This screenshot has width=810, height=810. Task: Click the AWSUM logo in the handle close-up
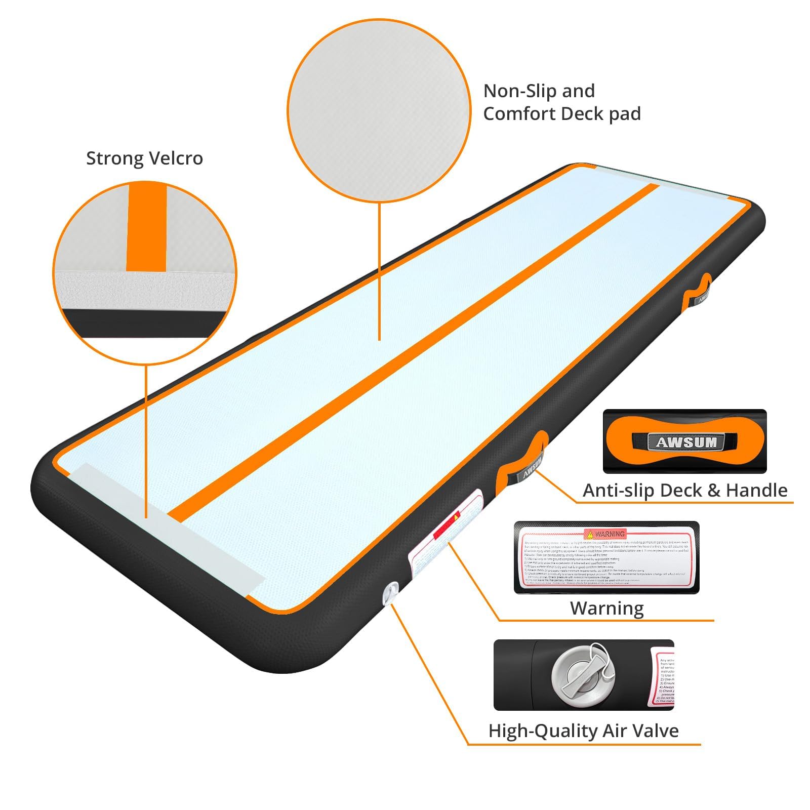pos(686,442)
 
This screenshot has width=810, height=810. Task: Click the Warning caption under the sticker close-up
pos(606,608)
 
